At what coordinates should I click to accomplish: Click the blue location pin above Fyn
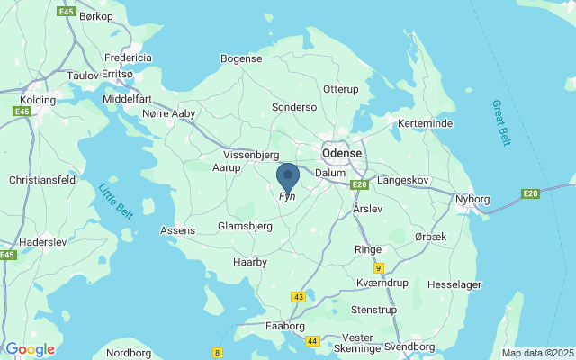[x=288, y=175]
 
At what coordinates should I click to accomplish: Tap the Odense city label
[x=342, y=153]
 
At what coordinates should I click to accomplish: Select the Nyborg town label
[x=475, y=195]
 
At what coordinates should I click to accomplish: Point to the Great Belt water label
[x=501, y=123]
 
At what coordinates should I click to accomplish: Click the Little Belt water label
[x=114, y=200]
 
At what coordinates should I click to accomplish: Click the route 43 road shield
[x=299, y=297]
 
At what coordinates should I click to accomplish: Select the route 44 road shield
[x=312, y=341]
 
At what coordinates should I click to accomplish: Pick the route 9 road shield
[x=379, y=267]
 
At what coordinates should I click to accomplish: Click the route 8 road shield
[x=217, y=352]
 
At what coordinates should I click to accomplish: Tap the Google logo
[x=30, y=349]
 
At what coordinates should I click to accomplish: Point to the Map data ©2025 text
[x=537, y=354]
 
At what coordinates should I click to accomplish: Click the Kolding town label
[x=38, y=99]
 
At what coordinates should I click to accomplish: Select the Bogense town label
[x=240, y=58]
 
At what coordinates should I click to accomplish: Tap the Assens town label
[x=177, y=230]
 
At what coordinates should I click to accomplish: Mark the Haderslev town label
[x=43, y=242]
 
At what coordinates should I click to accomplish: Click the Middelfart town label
[x=130, y=98]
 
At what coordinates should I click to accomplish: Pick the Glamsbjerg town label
[x=244, y=227]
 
